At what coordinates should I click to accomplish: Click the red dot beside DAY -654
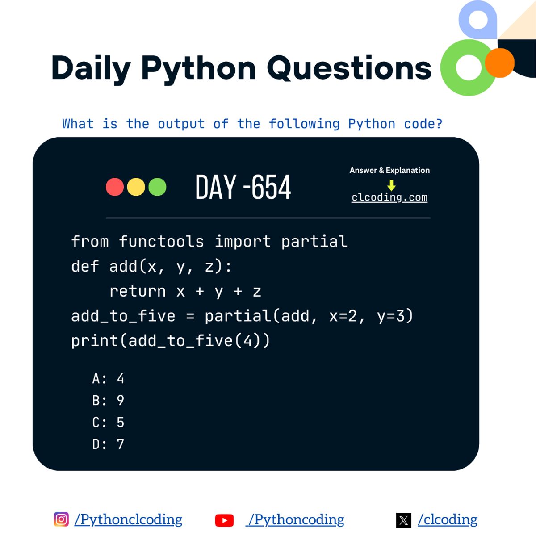click(x=115, y=187)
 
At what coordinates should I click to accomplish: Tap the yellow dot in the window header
click(x=136, y=187)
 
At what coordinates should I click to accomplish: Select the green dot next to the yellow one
click(x=157, y=187)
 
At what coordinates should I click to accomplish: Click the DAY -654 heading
click(x=243, y=187)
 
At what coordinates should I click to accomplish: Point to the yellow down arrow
click(x=391, y=185)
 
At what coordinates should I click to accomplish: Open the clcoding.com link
click(x=389, y=197)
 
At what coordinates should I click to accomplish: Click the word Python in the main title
click(x=198, y=68)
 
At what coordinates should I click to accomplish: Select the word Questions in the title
click(x=349, y=68)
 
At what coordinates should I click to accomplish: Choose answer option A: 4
click(x=108, y=379)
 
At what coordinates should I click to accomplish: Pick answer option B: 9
click(x=108, y=401)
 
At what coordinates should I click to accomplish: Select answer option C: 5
click(x=108, y=423)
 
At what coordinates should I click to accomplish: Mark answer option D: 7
click(x=108, y=444)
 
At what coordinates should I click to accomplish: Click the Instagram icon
click(x=61, y=519)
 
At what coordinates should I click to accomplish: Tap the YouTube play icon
click(x=224, y=520)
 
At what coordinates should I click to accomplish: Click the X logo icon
click(x=403, y=520)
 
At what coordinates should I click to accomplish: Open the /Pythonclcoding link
click(x=129, y=519)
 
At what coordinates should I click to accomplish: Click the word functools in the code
click(x=161, y=242)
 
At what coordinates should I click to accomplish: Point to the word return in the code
click(x=138, y=291)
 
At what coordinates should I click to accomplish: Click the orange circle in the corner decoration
click(x=499, y=63)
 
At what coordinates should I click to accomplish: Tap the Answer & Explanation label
click(x=389, y=170)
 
